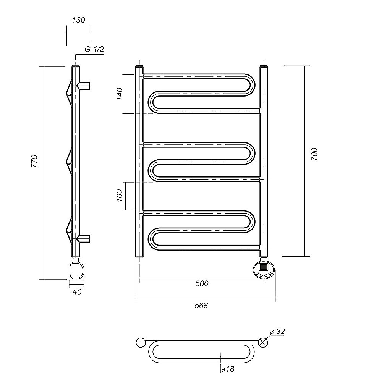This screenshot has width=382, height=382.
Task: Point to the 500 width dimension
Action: pyautogui.click(x=202, y=283)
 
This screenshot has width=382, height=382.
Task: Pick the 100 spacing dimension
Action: pyautogui.click(x=119, y=196)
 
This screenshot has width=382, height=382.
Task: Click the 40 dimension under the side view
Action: pyautogui.click(x=77, y=292)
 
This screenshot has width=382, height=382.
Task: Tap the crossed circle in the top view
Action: pyautogui.click(x=262, y=342)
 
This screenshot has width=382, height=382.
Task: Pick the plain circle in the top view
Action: pyautogui.click(x=141, y=342)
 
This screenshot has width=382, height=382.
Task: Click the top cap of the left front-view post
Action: pyautogui.click(x=139, y=67)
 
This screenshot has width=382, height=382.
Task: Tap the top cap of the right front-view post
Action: pyautogui.click(x=264, y=67)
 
